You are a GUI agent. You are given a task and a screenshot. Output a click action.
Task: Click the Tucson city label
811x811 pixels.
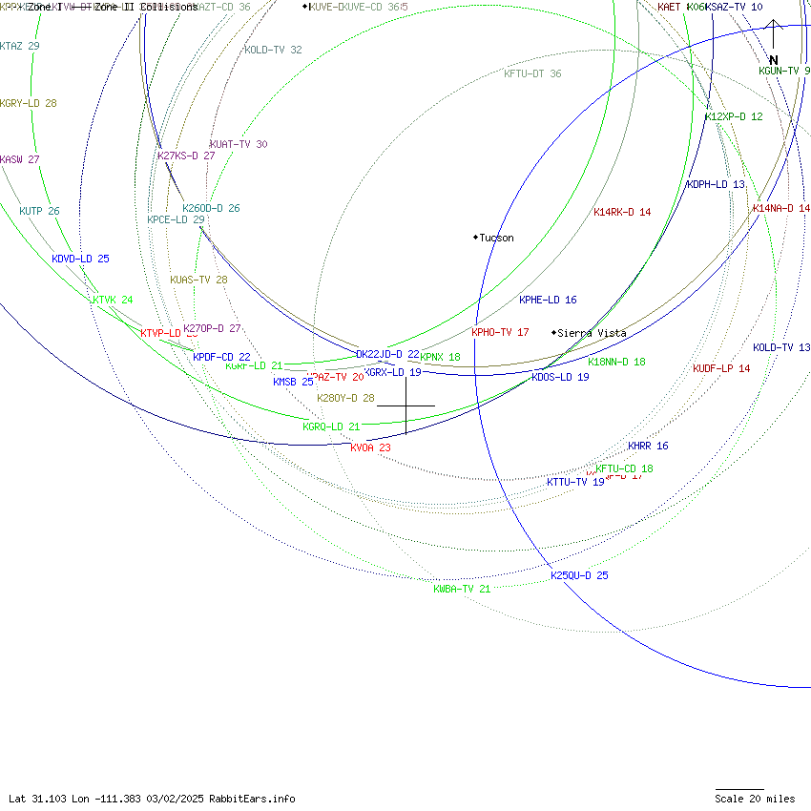click(496, 238)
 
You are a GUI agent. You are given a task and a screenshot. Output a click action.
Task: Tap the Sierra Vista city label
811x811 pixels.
click(592, 333)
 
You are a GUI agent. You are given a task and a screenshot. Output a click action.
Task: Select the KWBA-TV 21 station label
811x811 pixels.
click(462, 589)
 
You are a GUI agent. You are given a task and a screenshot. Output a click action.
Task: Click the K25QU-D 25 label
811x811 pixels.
click(579, 575)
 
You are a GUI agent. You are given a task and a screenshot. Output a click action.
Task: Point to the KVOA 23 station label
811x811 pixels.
click(370, 447)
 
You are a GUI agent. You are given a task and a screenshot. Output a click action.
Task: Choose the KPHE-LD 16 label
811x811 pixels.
click(548, 300)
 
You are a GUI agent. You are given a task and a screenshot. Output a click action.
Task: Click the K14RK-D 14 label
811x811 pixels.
click(622, 212)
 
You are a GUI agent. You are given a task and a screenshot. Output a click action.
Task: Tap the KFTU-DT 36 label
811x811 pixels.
click(532, 73)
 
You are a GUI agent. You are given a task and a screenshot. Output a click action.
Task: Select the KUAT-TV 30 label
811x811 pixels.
click(239, 144)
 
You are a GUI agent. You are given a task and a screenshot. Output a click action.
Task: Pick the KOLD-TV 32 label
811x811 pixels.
click(273, 50)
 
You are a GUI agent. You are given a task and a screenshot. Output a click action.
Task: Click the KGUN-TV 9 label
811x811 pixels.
click(784, 71)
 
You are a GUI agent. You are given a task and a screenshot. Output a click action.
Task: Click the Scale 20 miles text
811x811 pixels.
click(755, 799)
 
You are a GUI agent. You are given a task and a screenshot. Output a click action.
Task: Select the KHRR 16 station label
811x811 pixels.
click(648, 446)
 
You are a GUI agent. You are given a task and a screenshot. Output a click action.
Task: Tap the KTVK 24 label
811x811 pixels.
click(112, 300)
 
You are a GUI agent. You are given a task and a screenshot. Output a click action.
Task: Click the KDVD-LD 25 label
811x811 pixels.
click(80, 259)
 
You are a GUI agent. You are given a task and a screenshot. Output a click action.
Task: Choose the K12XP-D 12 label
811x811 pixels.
click(734, 116)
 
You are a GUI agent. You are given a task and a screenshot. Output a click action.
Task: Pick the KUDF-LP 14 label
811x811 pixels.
click(721, 368)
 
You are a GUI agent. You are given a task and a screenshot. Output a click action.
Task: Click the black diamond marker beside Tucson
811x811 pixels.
click(475, 237)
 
